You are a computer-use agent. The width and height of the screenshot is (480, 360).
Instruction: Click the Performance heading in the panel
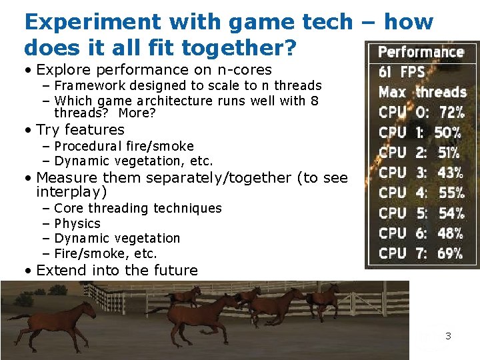click(x=421, y=52)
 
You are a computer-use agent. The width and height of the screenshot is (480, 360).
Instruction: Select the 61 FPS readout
click(x=401, y=72)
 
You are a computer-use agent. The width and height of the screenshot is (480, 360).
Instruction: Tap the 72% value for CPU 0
click(x=451, y=112)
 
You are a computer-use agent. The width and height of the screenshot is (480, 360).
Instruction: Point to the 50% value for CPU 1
click(x=447, y=132)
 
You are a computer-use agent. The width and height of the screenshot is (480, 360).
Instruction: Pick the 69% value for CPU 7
click(x=450, y=253)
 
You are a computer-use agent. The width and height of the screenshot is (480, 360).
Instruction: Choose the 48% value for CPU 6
click(x=450, y=233)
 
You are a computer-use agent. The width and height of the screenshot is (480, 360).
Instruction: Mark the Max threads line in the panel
click(x=422, y=92)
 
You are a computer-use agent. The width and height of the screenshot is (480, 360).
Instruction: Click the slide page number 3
click(x=448, y=336)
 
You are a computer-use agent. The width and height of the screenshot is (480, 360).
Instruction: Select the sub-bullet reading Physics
click(x=77, y=223)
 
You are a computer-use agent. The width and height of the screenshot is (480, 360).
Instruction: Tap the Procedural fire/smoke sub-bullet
click(x=124, y=146)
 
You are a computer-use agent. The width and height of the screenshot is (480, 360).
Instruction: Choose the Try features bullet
click(x=80, y=129)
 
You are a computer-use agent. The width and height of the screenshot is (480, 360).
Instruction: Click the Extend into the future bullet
click(x=117, y=270)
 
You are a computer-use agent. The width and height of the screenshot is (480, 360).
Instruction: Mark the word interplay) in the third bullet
click(x=71, y=192)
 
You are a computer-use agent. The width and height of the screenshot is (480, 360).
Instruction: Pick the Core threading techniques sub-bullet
click(x=137, y=208)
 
